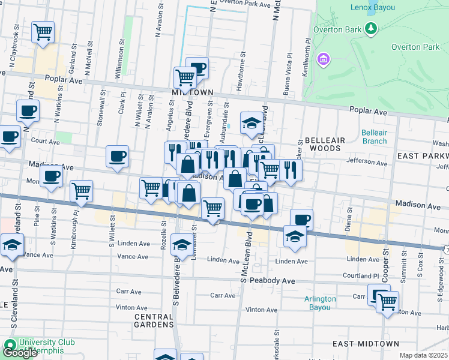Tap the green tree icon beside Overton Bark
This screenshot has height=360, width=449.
[x=372, y=28]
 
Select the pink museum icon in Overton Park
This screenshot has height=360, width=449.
[x=324, y=59]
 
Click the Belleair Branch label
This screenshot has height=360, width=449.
[x=375, y=137]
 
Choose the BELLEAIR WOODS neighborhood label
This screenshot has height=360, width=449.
[x=325, y=140]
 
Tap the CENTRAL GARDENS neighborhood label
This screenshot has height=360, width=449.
[x=154, y=320]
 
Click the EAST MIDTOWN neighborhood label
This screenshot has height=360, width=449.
[x=366, y=343]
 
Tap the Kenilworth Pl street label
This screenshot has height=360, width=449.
[x=307, y=55]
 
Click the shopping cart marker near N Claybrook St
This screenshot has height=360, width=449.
[x=43, y=32]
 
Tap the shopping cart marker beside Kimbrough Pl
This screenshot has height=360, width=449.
[x=81, y=191]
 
